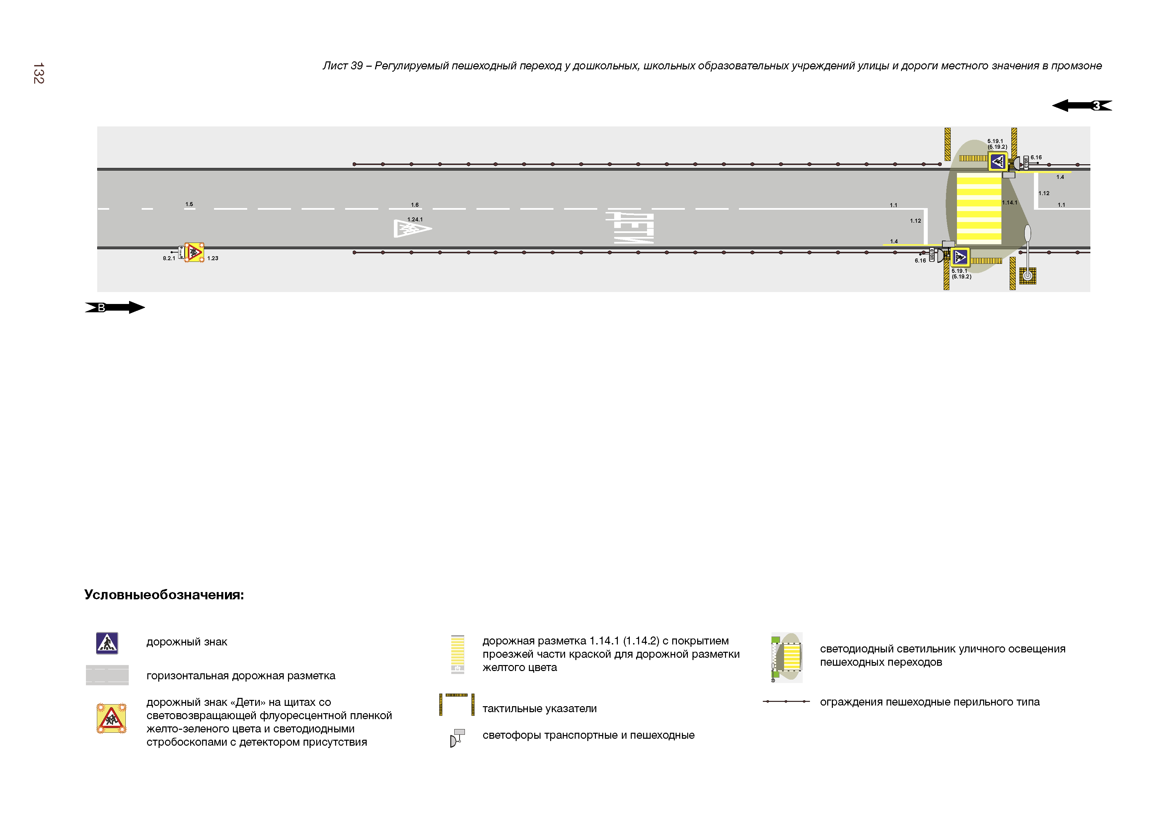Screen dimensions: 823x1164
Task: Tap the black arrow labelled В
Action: (115, 307)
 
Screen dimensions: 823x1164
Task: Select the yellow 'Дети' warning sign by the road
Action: (194, 252)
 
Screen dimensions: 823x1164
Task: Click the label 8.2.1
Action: (169, 259)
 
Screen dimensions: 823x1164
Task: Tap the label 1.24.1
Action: (415, 220)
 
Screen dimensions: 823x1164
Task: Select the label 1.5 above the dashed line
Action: (189, 204)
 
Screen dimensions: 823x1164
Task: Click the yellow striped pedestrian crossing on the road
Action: (979, 208)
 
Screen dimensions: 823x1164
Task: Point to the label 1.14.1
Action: (1009, 203)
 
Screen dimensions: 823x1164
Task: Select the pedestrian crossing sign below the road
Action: (960, 257)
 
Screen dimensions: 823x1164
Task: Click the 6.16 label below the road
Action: (920, 261)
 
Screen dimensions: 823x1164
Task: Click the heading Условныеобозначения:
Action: (164, 595)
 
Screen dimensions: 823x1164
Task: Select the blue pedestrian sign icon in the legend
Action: (107, 643)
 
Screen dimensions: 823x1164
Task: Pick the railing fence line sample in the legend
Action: (786, 702)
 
